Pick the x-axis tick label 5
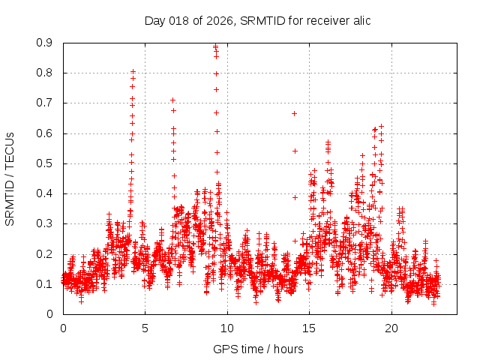click(145, 328)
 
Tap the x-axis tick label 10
click(227, 328)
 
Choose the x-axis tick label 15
click(309, 328)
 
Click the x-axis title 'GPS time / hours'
click(258, 349)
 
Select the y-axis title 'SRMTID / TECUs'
click(10, 178)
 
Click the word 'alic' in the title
click(359, 20)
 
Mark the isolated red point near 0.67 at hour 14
click(294, 113)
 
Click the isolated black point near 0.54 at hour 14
click(295, 151)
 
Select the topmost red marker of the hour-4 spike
click(133, 71)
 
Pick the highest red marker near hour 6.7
click(172, 100)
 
